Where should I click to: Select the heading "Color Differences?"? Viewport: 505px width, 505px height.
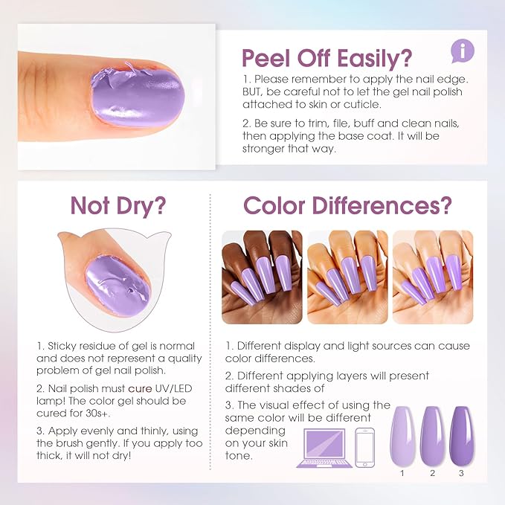click(x=347, y=205)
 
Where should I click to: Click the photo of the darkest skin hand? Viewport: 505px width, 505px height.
click(x=262, y=277)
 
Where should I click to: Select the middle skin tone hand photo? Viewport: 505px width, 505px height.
click(x=347, y=277)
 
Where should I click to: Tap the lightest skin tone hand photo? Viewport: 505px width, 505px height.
click(x=432, y=277)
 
